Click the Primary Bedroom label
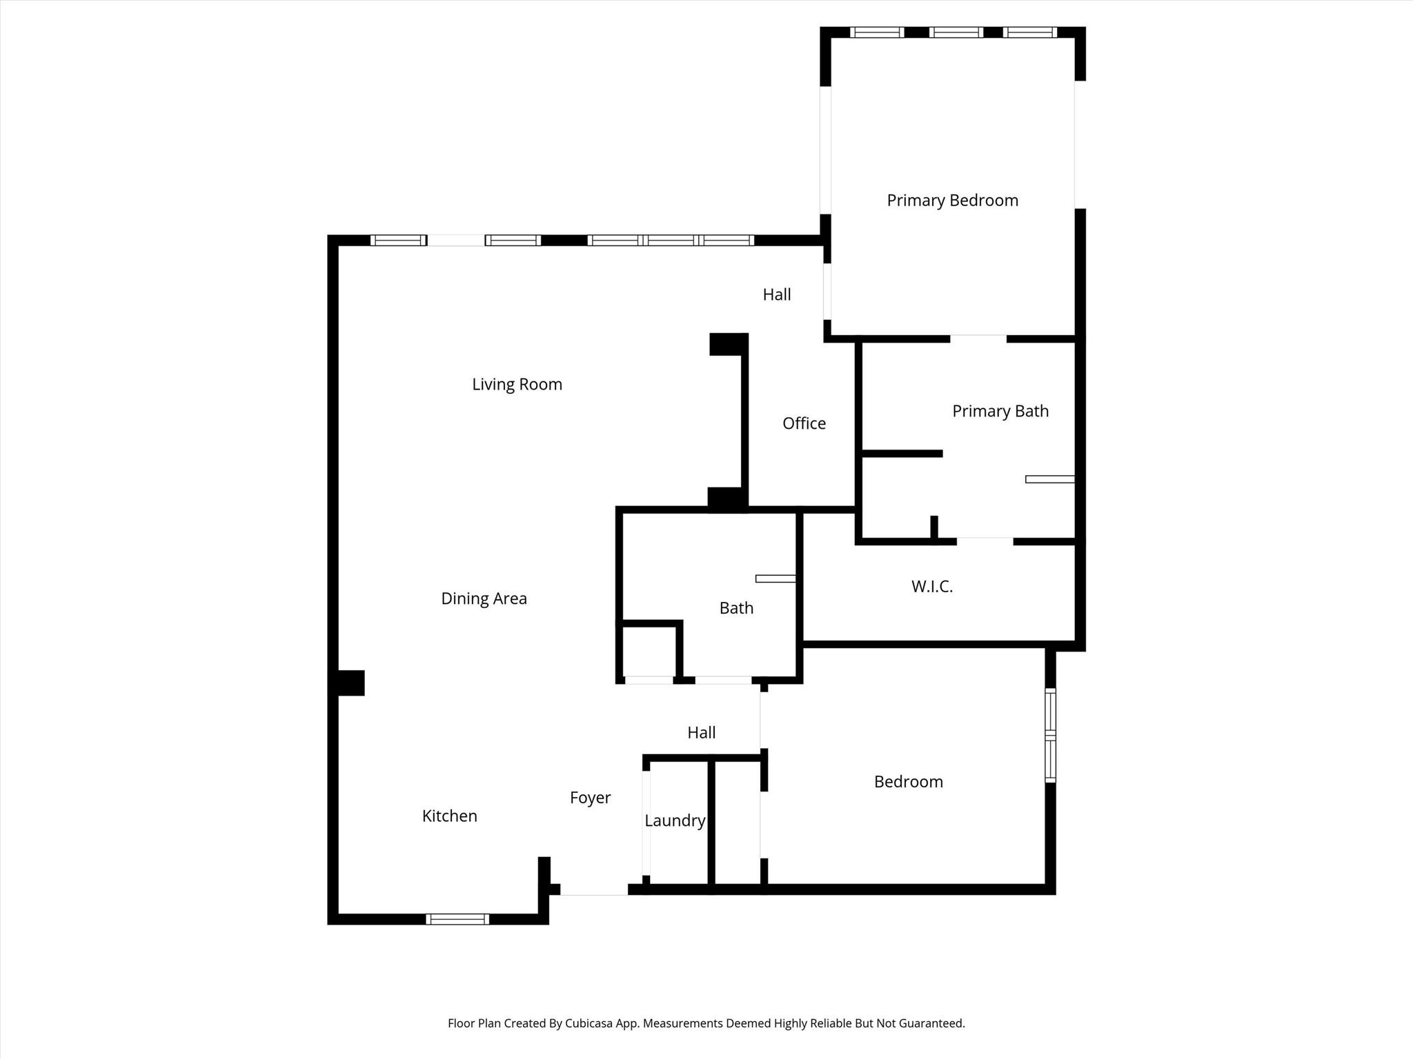tap(952, 201)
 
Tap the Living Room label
tap(517, 385)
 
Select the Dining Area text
tap(484, 599)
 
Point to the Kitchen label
tap(449, 816)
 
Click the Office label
tap(804, 423)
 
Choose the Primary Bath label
tap(1000, 412)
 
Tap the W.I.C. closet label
tap(931, 587)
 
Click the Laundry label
tap(675, 821)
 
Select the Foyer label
tap(590, 798)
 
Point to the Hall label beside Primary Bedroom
tap(776, 295)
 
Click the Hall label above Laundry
tap(701, 733)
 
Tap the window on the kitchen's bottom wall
tap(457, 919)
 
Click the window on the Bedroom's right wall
tap(1050, 736)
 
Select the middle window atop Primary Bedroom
tap(956, 32)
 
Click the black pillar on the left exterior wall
tap(350, 683)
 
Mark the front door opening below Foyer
tap(594, 889)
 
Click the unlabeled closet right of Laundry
tap(738, 823)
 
